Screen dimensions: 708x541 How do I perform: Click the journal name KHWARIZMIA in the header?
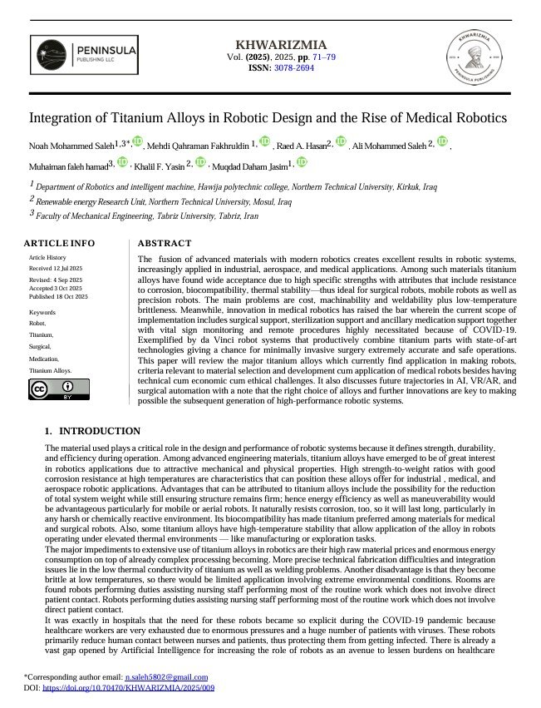pos(270,44)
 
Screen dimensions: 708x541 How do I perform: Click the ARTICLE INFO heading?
pos(59,243)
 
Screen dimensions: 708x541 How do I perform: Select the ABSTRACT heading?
pos(164,243)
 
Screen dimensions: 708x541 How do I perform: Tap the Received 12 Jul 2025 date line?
pos(57,270)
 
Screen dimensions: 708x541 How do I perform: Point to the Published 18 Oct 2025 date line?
pos(58,296)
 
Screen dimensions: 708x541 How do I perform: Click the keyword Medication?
pos(47,358)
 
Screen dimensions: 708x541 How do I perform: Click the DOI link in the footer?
pos(128,688)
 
